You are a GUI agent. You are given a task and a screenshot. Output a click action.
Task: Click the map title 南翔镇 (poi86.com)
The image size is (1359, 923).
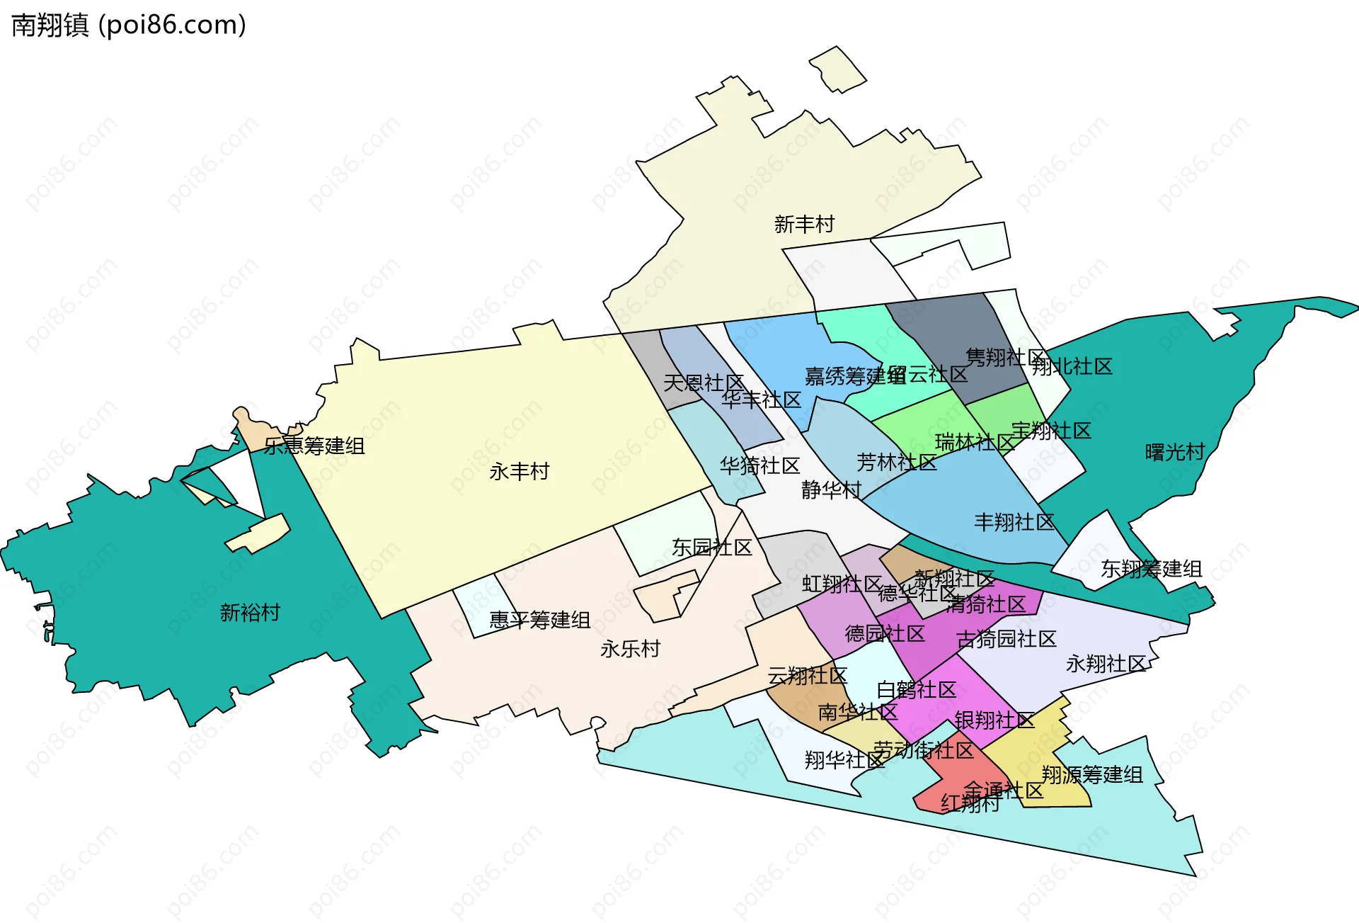pyautogui.click(x=129, y=25)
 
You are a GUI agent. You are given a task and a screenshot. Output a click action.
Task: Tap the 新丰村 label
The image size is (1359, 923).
pyautogui.click(x=804, y=225)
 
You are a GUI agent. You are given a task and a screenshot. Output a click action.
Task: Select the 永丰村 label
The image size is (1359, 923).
pyautogui.click(x=519, y=472)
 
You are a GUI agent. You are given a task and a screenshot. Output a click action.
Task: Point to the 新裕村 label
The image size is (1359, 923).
pyautogui.click(x=250, y=613)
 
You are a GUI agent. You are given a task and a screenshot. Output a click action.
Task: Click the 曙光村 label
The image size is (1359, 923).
pyautogui.click(x=1174, y=452)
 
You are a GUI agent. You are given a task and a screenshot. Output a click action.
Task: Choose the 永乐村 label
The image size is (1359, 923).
pyautogui.click(x=630, y=649)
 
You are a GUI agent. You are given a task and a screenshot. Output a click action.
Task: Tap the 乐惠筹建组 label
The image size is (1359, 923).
pyautogui.click(x=314, y=446)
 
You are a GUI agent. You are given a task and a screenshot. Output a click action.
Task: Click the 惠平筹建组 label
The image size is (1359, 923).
pyautogui.click(x=539, y=621)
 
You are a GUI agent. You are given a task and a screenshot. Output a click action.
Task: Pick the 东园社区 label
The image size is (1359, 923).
pyautogui.click(x=711, y=548)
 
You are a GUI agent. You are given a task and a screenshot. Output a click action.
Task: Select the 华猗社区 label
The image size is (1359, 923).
pyautogui.click(x=759, y=466)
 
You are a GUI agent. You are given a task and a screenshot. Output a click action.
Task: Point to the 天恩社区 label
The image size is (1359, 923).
pyautogui.click(x=704, y=383)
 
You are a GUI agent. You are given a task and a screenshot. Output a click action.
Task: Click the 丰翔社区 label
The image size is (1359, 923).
pyautogui.click(x=1014, y=523)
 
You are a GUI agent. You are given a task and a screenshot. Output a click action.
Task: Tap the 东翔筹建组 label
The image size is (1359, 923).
pyautogui.click(x=1151, y=569)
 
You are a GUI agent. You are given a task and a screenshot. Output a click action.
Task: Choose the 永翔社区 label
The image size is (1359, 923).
pyautogui.click(x=1106, y=664)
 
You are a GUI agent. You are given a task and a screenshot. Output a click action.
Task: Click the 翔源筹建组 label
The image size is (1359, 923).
pyautogui.click(x=1091, y=775)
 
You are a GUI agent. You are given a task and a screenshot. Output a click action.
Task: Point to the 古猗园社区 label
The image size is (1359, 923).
pyautogui.click(x=1006, y=640)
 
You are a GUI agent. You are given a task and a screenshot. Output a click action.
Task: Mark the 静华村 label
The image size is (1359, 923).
pyautogui.click(x=831, y=490)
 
